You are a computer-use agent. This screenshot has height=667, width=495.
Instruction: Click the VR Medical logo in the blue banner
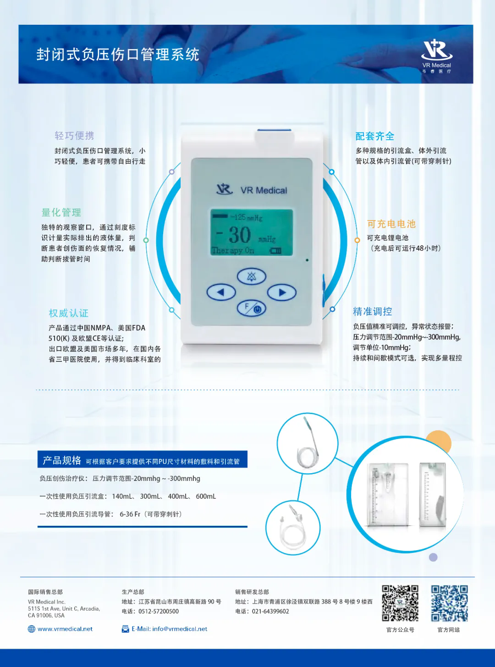[x=437, y=56]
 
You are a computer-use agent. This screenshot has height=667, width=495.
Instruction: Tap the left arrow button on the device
[x=221, y=292]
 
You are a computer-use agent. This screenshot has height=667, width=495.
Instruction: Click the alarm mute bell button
[x=252, y=276]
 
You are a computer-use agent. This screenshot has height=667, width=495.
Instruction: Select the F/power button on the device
[x=252, y=308]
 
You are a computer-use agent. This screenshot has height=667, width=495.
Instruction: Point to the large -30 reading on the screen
[x=233, y=235]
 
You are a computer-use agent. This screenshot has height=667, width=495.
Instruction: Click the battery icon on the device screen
[x=275, y=250]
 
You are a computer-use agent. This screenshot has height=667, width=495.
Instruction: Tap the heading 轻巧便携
[x=74, y=136]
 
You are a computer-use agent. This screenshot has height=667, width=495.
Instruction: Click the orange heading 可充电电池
[x=391, y=224]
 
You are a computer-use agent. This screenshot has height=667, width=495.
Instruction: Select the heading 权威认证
[x=69, y=313]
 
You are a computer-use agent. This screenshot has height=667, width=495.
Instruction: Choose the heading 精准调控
[x=373, y=311]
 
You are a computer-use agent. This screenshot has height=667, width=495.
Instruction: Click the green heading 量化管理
[x=61, y=212]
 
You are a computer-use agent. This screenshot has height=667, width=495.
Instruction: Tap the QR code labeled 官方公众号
[x=400, y=603]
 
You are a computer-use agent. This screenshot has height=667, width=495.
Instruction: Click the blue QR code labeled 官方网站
[x=449, y=603]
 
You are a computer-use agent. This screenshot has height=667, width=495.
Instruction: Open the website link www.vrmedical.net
[x=65, y=629]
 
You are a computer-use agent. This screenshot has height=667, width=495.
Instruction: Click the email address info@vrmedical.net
[x=180, y=629]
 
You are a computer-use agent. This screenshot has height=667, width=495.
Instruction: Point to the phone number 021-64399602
[x=270, y=612]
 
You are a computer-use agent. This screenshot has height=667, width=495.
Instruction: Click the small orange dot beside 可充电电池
[x=357, y=240]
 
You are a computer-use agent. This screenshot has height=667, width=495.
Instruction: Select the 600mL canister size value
[x=206, y=496]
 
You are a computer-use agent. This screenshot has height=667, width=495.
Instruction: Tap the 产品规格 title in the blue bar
[x=62, y=460]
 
